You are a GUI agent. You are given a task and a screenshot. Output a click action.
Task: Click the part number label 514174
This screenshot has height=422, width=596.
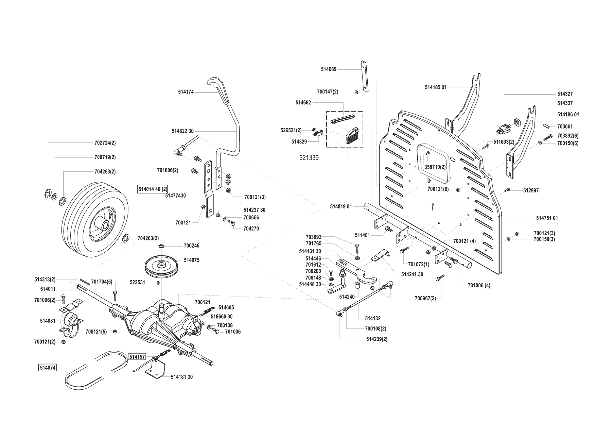point(186,92)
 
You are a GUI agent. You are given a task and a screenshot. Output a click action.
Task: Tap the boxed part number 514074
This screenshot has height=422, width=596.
point(47,368)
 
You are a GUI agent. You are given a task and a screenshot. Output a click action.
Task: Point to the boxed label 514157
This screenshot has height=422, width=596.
point(137,357)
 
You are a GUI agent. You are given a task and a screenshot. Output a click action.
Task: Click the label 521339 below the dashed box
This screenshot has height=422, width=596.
point(309,158)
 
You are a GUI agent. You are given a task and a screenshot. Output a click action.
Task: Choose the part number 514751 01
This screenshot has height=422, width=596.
point(547,218)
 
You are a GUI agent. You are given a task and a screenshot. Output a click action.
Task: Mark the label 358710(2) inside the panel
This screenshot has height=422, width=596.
point(435,167)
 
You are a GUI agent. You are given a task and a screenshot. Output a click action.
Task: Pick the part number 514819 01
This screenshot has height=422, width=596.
point(341,206)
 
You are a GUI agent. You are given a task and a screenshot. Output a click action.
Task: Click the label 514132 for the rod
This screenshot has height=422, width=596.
point(373,319)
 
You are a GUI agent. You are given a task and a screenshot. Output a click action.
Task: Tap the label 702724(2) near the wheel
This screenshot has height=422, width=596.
point(105,143)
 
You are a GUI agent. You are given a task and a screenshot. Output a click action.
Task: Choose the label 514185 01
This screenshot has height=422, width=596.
point(436,87)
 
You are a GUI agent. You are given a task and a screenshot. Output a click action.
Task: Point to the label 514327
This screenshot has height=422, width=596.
point(565,94)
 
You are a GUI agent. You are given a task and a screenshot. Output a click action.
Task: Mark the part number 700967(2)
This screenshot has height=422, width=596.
point(425,299)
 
